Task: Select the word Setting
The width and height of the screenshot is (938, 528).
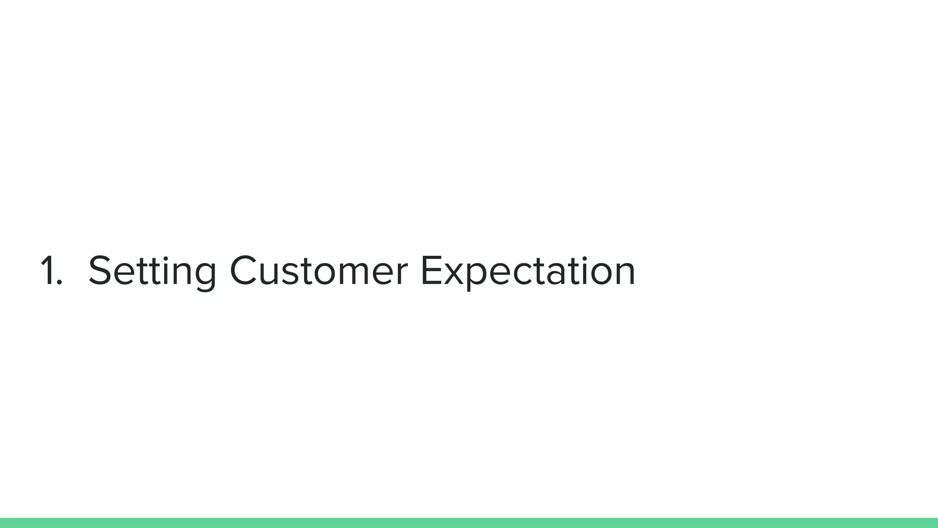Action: (x=152, y=271)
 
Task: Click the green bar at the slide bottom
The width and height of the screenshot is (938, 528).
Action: (x=469, y=522)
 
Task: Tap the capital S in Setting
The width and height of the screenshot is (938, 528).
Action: (x=100, y=270)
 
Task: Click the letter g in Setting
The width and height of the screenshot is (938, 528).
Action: (x=202, y=275)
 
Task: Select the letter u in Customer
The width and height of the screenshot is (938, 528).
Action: (x=272, y=275)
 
